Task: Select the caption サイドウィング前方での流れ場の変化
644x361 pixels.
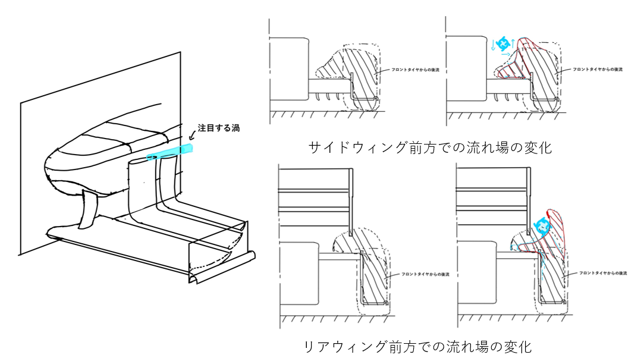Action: (x=430, y=148)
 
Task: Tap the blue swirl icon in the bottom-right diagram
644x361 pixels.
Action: (x=542, y=225)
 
